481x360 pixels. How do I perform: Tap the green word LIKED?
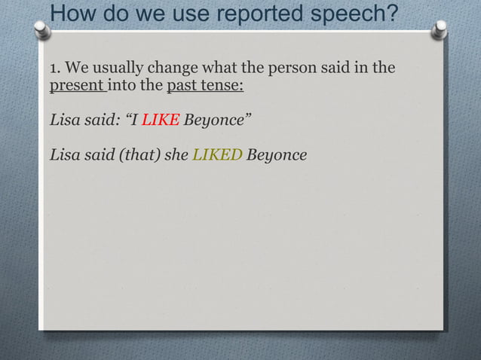click(217, 155)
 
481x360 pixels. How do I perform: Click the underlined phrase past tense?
click(204, 86)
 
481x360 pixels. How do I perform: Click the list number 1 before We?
click(54, 69)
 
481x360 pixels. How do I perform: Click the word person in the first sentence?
click(296, 69)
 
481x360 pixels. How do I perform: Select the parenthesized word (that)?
click(137, 155)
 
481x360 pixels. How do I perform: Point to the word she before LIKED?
click(176, 155)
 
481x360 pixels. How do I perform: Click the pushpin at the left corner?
click(42, 30)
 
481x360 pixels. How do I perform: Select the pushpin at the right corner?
click(441, 29)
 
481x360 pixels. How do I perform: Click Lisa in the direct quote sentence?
click(64, 120)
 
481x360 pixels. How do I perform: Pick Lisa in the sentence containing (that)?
click(64, 155)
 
